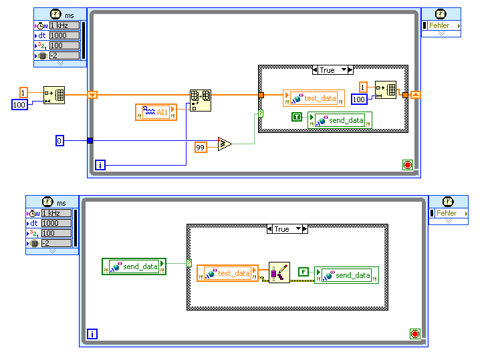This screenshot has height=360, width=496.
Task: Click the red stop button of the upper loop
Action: point(407,164)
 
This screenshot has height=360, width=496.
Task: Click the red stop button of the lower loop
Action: point(414,333)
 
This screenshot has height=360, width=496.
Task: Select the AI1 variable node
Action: point(156,112)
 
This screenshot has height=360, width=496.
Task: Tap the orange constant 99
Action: point(201,147)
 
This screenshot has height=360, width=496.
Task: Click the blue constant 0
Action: point(59,140)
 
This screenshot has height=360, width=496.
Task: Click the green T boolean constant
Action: point(298,118)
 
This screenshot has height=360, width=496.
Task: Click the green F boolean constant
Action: point(305,272)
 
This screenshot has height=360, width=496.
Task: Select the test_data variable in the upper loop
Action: point(314,98)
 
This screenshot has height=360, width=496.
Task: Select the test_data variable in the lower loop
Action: point(227,273)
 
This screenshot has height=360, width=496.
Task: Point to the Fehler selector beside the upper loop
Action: point(441,25)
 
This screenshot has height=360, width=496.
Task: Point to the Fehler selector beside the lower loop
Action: point(448,213)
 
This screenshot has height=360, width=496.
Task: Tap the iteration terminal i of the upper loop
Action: point(100,164)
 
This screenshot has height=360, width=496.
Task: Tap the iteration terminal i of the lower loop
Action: point(92,333)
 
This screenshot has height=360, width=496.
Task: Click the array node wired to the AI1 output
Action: point(200,100)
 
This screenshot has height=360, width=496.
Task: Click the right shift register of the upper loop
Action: point(415,95)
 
